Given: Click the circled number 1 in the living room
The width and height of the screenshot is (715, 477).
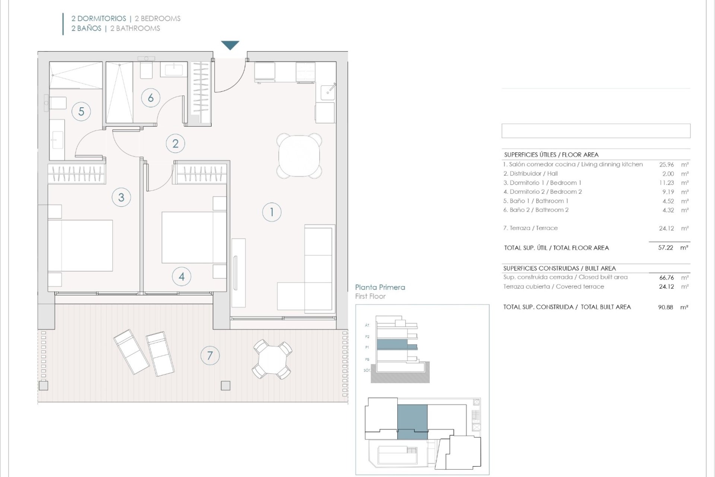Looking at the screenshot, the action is tap(271, 212).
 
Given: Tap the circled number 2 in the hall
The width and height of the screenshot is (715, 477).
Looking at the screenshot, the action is tap(175, 143).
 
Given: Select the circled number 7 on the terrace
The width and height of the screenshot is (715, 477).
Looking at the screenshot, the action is tap(210, 356).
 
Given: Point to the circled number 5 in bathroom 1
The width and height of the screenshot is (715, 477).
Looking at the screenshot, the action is tap(81, 111).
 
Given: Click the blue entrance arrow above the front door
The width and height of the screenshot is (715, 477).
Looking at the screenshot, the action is tap(230, 45).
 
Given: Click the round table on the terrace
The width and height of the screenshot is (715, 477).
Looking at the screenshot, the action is tap(273, 360).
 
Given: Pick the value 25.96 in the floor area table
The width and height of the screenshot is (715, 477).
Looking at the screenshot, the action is tap(667, 164).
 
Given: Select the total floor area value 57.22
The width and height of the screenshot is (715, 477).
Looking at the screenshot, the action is tap(666, 247).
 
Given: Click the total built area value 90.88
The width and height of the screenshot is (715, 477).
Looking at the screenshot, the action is tap(666, 307).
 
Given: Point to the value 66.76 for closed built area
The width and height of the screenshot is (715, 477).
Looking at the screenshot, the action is tap(667, 278).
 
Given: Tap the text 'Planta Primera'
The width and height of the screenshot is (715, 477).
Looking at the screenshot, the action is tap(380, 287).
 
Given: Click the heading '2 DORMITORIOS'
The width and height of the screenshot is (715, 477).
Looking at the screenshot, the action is tap(99, 18).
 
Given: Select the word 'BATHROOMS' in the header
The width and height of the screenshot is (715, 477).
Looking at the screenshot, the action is tap(138, 28).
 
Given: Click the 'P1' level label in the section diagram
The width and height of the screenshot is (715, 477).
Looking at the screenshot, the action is tap(367, 347).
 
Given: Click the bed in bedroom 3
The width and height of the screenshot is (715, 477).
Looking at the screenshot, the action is tap(80, 246).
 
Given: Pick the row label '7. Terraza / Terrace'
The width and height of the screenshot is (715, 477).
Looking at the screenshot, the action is tap(530, 228).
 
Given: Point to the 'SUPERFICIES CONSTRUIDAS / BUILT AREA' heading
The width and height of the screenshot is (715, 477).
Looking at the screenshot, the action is tap(559, 268).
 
